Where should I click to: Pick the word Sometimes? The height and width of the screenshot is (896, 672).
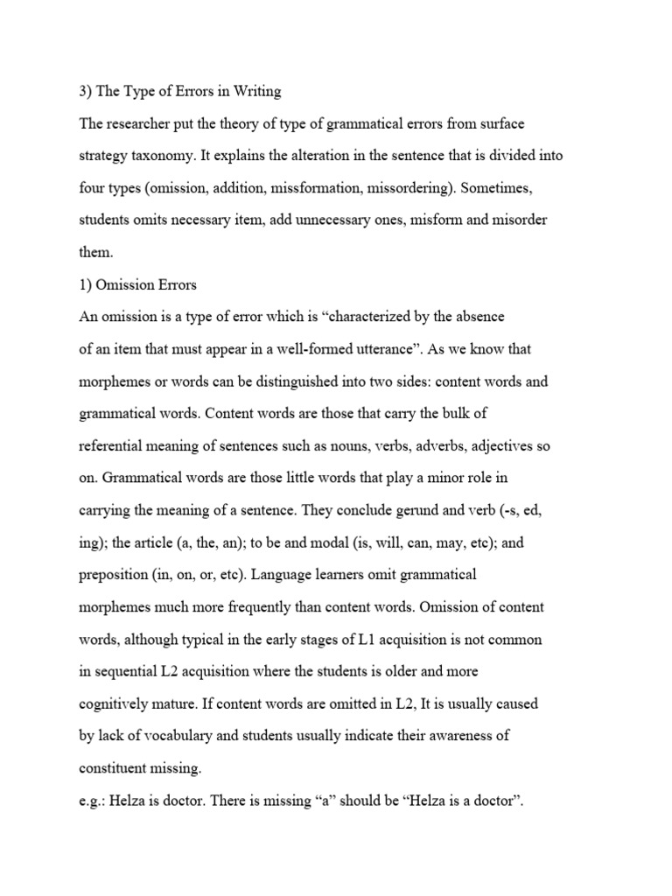point(514,188)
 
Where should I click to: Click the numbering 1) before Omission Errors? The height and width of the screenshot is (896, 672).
point(86,285)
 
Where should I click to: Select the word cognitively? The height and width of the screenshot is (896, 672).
point(115,704)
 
